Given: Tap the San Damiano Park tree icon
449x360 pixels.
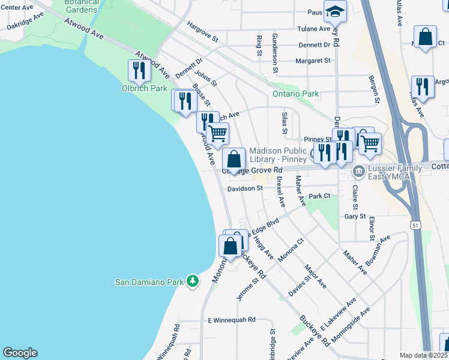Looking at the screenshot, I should pos(192,281).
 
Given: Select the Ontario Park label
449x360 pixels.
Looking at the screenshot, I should pos(295,94).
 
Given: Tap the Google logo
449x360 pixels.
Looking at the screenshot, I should pos(20,353).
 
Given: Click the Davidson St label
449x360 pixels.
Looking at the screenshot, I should pos(245,188).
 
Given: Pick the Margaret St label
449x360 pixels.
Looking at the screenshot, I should pos(313,61).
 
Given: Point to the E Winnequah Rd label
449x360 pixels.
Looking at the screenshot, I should pos(232,320).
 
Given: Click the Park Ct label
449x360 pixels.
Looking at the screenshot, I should pos(320,196).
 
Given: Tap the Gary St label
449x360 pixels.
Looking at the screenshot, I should pos(355,216).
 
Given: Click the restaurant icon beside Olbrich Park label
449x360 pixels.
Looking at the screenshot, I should pos(139,71).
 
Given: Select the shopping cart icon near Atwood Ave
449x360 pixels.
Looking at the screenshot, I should pos(218,133).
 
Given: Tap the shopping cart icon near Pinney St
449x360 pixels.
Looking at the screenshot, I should pos(370,143).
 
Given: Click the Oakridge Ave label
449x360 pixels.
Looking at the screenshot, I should pos(25,21).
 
